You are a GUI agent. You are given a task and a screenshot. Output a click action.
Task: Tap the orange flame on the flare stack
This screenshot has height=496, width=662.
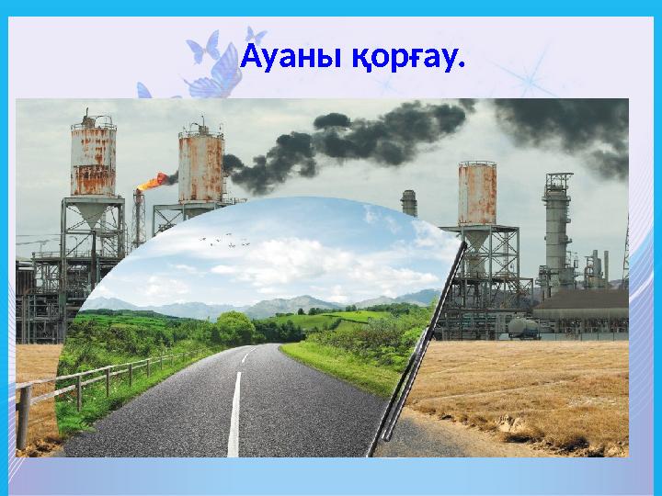tap(152, 181)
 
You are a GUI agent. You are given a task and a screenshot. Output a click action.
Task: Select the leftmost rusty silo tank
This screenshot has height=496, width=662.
tap(93, 161)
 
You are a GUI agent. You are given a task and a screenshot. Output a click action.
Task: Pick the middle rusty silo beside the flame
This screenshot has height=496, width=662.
tap(200, 166)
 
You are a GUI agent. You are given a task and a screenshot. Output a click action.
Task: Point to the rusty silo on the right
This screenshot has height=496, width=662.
tap(477, 193)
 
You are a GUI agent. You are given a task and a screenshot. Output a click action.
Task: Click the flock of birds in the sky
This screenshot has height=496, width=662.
tap(224, 241)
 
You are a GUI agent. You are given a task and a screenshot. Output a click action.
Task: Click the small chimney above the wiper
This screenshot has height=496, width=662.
tap(408, 202)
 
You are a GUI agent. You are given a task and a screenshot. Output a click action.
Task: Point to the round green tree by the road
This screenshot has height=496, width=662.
tap(235, 327)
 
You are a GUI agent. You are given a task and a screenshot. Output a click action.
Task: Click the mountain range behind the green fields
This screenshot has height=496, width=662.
tap(276, 304)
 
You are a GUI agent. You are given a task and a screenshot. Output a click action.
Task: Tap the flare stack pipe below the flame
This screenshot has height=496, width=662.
tap(139, 220)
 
